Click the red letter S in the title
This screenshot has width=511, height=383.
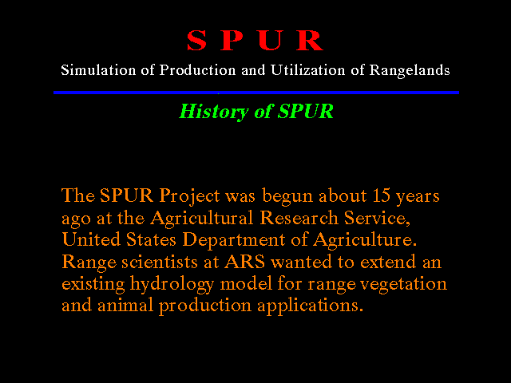197,41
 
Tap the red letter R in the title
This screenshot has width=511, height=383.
310,41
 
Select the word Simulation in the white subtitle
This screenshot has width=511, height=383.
98,70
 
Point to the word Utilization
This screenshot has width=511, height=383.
307,70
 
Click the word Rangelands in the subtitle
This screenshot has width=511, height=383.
410,71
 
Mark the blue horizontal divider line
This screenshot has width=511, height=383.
256,93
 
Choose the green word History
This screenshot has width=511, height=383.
214,112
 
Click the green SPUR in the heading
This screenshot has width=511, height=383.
305,111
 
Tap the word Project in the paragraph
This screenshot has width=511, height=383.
189,196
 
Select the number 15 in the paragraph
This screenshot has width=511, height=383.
381,195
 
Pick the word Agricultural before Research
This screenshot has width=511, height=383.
202,219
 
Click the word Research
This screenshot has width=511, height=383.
299,218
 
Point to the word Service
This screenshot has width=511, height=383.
377,218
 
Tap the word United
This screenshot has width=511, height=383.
91,239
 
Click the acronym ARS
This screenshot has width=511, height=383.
245,262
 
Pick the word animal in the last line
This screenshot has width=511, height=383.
125,306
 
